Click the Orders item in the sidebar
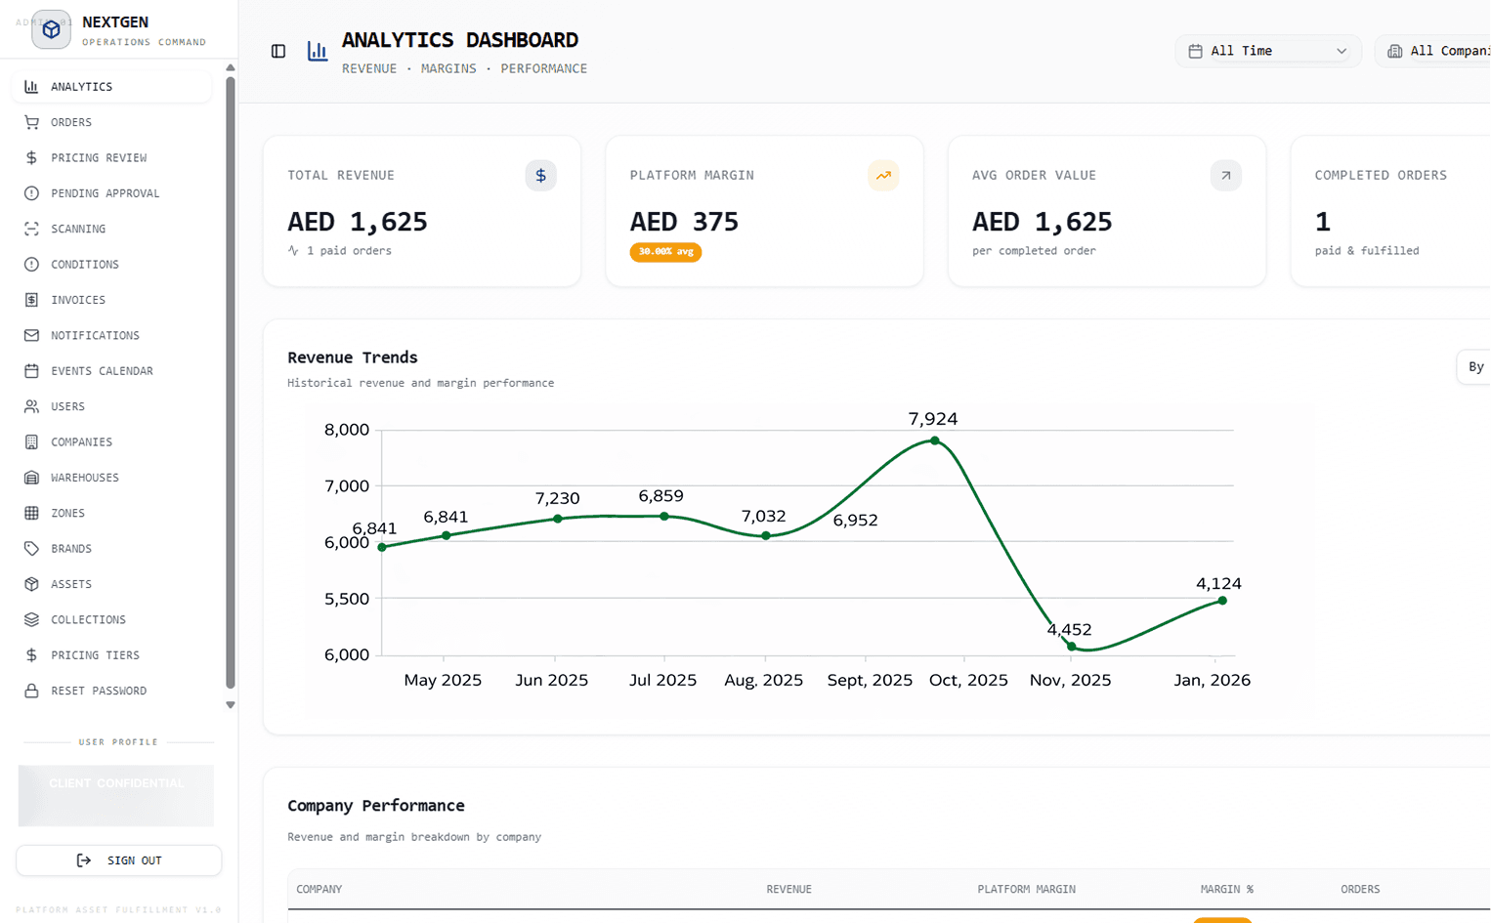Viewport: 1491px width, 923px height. tap(70, 122)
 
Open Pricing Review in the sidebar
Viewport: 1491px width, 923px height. tap(98, 157)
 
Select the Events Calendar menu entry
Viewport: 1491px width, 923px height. tap(102, 371)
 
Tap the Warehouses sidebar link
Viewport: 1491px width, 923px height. tap(84, 478)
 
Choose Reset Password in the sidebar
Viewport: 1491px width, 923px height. tap(98, 691)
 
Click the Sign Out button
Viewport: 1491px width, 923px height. tap(119, 860)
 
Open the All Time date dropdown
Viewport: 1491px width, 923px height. tap(1267, 51)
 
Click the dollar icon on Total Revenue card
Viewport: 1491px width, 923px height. tap(540, 176)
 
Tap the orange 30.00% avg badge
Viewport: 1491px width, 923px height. tap(665, 252)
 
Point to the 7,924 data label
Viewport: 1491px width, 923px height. tap(932, 419)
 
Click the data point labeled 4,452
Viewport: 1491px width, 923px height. tap(1072, 646)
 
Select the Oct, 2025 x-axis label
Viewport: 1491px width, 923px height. tap(967, 680)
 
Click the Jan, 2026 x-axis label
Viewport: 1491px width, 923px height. tap(1212, 680)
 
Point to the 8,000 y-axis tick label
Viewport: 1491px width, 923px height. tap(347, 430)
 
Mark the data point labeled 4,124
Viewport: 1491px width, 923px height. tap(1222, 601)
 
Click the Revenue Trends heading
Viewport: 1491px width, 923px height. tap(352, 357)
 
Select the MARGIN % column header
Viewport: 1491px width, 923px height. tap(1226, 889)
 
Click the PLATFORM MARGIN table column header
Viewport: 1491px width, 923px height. tap(1026, 889)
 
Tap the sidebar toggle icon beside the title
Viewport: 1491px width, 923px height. tap(278, 51)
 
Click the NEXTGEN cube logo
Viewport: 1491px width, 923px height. tap(51, 30)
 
